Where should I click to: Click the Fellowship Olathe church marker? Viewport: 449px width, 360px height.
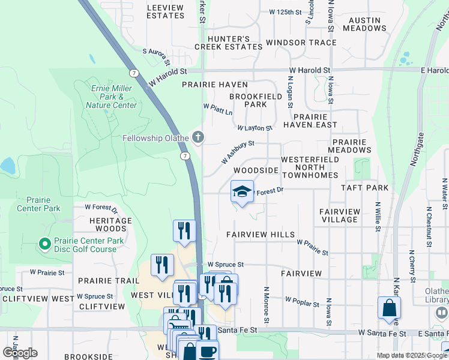tap(197, 138)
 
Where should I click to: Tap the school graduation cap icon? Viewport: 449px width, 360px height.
tap(242, 192)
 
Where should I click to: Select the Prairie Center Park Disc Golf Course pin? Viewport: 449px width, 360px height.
tap(44, 244)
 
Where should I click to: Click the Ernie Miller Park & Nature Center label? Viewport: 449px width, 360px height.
tap(112, 97)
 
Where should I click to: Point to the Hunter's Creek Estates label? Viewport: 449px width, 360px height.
tap(221, 43)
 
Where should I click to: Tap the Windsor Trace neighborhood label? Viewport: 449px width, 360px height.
tap(301, 43)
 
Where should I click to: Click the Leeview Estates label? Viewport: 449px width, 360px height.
tap(165, 11)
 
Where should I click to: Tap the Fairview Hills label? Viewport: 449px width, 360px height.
tap(261, 235)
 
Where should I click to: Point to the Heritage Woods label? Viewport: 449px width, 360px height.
tap(110, 224)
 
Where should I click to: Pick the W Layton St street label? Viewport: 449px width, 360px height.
tap(255, 128)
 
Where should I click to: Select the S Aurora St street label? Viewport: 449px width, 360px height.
tap(156, 58)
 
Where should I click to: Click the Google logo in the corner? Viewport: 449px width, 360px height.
tap(20, 352)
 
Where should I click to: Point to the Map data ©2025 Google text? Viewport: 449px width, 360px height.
tap(412, 355)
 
